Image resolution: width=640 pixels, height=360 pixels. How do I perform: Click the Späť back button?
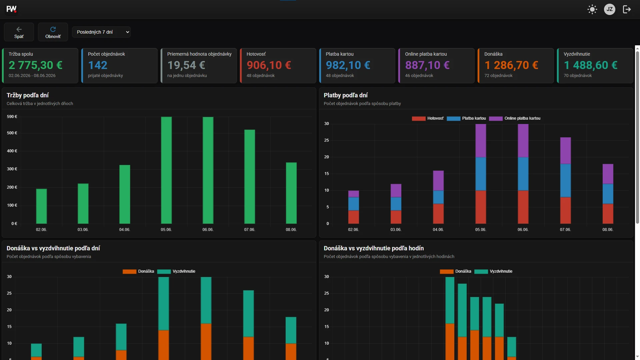coord(19,32)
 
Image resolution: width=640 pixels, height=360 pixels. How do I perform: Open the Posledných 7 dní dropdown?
coord(101,32)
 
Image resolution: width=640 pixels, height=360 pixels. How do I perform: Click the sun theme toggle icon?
coord(592,9)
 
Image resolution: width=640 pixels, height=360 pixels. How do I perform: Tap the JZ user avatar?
coord(609,9)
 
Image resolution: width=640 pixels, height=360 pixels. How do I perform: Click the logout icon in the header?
coord(627,9)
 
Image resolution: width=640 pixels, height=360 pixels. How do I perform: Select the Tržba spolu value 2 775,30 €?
coord(36,65)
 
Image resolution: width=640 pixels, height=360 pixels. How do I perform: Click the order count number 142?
coord(98,65)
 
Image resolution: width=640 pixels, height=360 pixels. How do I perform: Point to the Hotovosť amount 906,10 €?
coord(269,65)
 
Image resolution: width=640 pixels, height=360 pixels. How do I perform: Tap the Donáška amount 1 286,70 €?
coord(511,65)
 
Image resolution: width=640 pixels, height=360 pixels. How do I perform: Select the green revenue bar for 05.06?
coord(166,170)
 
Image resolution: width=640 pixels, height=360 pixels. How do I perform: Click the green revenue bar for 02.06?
coord(41,206)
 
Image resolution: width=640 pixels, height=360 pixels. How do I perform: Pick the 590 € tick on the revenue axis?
coord(12,117)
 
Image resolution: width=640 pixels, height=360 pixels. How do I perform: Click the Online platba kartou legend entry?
coord(515,118)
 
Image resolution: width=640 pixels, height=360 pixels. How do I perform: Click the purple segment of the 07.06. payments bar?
coord(565,151)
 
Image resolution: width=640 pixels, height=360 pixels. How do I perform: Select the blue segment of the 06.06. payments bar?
coord(523,174)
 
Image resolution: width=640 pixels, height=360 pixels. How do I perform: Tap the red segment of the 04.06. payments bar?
coord(438,214)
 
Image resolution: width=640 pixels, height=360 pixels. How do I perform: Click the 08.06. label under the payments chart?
coord(608,230)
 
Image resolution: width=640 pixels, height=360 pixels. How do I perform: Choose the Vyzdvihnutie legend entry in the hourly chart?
coord(493,271)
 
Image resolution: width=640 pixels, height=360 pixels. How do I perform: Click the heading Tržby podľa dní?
coord(28,95)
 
